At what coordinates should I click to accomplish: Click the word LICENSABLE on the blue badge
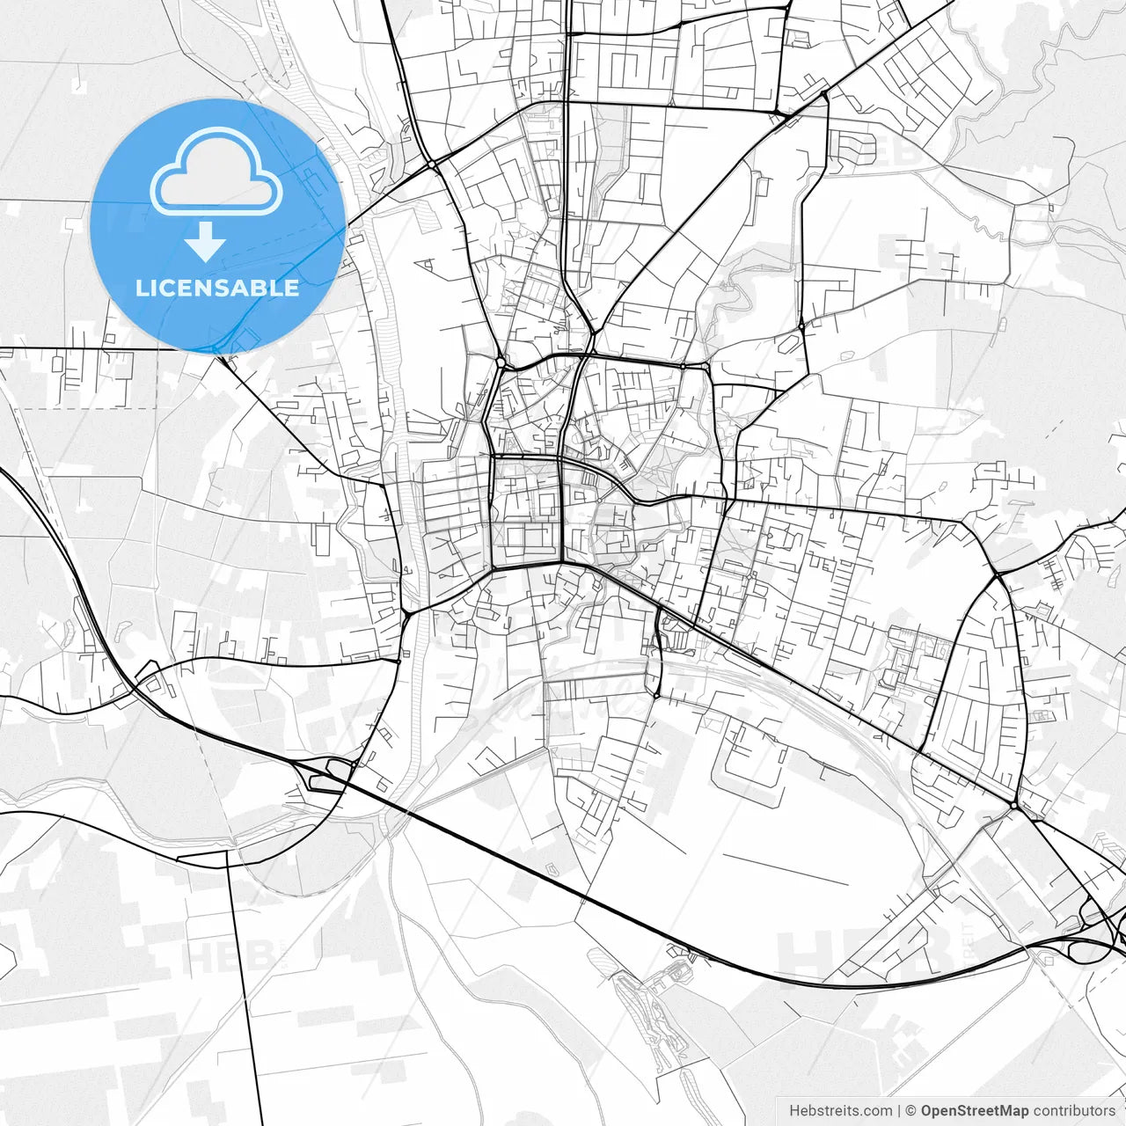217,288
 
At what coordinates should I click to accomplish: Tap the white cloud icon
216,173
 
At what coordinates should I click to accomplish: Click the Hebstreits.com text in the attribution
840,1111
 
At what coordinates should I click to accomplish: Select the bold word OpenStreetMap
975,1111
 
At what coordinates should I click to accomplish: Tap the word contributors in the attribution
1074,1111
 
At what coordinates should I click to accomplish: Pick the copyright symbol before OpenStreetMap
911,1111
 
